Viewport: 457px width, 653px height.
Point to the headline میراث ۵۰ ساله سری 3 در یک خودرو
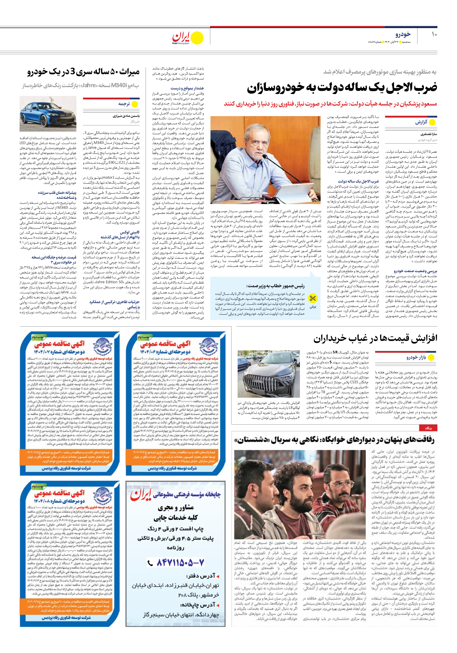point(83,72)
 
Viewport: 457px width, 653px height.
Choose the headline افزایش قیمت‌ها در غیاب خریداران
point(375,338)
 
